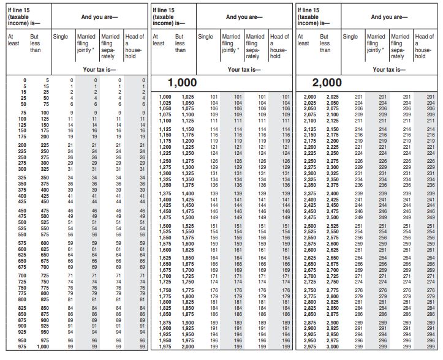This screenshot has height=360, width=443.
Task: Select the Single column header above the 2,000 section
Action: click(350, 37)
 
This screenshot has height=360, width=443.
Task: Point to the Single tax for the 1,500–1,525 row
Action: click(214, 227)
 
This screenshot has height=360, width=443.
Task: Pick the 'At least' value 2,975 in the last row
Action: click(312, 347)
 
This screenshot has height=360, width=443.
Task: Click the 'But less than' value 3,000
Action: click(333, 347)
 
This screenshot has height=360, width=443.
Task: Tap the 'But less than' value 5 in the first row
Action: click(45, 80)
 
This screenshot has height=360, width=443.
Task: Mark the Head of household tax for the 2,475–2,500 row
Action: click(430, 217)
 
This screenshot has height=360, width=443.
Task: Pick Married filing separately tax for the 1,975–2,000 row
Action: click(262, 347)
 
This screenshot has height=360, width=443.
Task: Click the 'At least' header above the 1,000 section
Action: click(159, 40)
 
